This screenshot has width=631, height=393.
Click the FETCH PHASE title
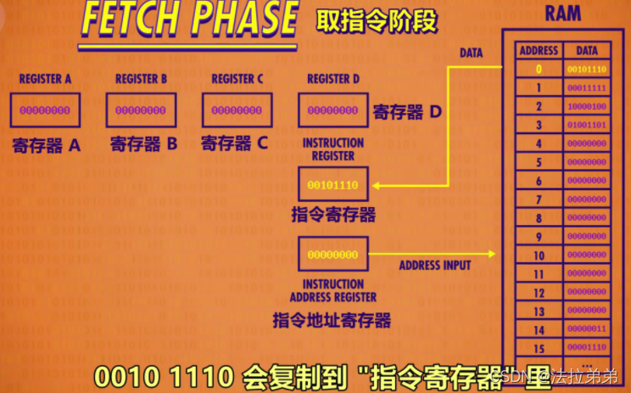[190, 20]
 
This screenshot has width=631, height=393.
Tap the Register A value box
[46, 110]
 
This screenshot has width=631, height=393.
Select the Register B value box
[141, 110]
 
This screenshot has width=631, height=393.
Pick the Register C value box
[237, 110]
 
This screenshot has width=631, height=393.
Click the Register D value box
[332, 110]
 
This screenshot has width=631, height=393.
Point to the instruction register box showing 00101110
[332, 184]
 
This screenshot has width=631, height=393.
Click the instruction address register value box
[332, 255]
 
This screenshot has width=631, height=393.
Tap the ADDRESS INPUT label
[434, 266]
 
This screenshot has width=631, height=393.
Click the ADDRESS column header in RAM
[538, 50]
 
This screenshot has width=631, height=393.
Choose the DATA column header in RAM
[587, 50]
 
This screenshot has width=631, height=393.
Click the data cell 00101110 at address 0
[587, 70]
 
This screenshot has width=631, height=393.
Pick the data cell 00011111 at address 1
[587, 88]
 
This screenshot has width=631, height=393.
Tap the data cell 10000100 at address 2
[587, 107]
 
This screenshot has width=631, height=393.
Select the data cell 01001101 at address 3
[587, 126]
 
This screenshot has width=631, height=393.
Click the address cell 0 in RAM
[538, 70]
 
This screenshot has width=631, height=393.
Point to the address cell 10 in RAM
[538, 255]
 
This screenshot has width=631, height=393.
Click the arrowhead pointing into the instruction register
[374, 184]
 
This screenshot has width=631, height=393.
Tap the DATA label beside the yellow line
[471, 53]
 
